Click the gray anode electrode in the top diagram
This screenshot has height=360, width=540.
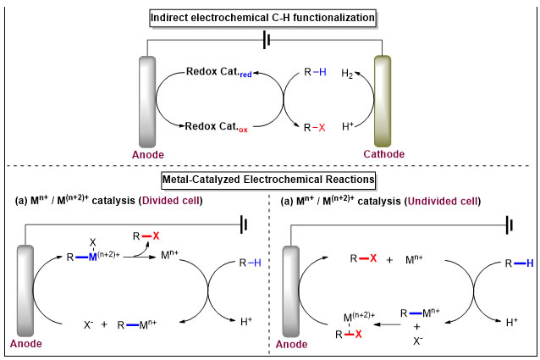[x=147, y=102]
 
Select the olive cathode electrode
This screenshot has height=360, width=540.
[x=382, y=101]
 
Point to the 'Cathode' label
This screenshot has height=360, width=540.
[x=382, y=154]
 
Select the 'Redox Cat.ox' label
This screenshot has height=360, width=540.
[x=218, y=128]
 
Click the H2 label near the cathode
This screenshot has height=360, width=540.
[x=346, y=74]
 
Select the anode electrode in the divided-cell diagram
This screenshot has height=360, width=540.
[x=25, y=288]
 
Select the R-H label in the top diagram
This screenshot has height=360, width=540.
[x=315, y=74]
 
